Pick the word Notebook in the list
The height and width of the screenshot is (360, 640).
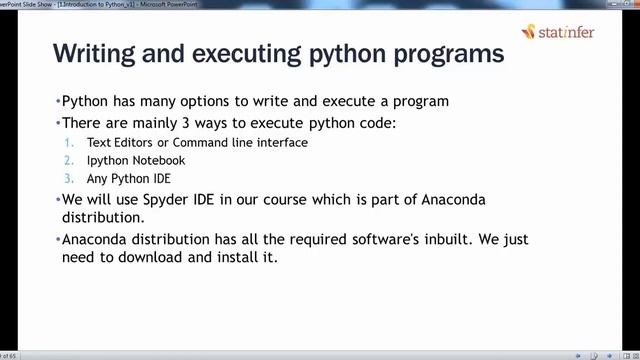pyautogui.click(x=157, y=160)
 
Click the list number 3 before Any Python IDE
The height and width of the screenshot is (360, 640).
pyautogui.click(x=67, y=178)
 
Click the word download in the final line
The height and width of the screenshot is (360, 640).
pyautogui.click(x=141, y=257)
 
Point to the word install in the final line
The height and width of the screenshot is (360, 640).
pyautogui.click(x=232, y=257)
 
